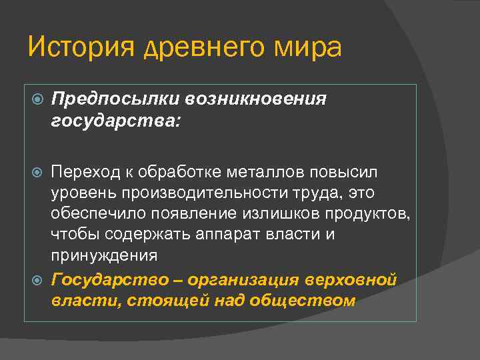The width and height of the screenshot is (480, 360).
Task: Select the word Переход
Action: (x=85, y=173)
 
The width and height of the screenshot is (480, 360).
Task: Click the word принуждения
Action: (x=104, y=255)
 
